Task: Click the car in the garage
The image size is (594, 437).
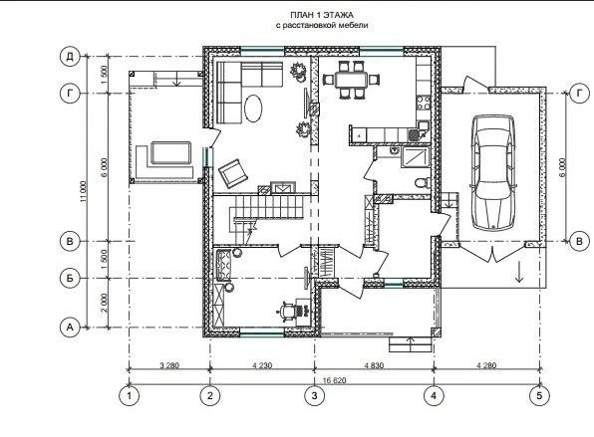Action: click(x=493, y=172)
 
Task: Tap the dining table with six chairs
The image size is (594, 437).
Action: click(x=351, y=80)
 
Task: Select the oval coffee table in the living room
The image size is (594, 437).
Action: click(x=253, y=109)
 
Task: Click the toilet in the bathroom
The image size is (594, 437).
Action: click(x=423, y=183)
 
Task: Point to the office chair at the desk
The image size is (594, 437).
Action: click(x=286, y=311)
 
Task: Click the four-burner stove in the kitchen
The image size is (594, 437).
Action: click(x=424, y=103)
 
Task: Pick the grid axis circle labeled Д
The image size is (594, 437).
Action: click(x=70, y=57)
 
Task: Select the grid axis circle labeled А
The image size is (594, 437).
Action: click(x=70, y=327)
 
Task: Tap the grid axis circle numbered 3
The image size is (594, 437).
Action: click(x=314, y=396)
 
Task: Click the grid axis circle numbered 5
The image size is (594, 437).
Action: click(x=539, y=396)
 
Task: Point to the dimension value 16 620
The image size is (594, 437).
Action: click(x=334, y=380)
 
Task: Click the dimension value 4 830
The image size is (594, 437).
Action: click(x=374, y=365)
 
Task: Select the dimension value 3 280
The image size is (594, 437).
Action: click(x=169, y=365)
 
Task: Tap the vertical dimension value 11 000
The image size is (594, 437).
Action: click(x=84, y=191)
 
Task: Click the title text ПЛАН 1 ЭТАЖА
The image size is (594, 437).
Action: click(x=322, y=15)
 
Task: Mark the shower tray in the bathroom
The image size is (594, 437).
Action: click(x=416, y=157)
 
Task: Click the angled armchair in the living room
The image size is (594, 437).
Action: click(x=232, y=173)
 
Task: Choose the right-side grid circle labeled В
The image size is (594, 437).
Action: click(x=579, y=241)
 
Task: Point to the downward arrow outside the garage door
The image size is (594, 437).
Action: click(x=519, y=272)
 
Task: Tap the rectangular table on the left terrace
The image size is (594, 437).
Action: click(x=170, y=152)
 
